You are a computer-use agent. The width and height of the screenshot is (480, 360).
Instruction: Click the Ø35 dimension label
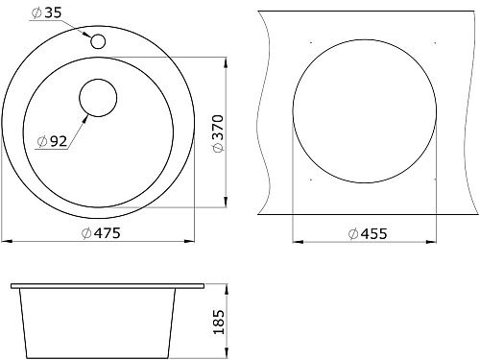[x=46, y=12]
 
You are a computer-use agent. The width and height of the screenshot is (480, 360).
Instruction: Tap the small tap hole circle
[x=98, y=41]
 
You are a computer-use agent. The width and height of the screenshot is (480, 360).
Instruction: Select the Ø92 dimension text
[x=52, y=141]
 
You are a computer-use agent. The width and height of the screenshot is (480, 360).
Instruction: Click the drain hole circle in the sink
[x=98, y=98]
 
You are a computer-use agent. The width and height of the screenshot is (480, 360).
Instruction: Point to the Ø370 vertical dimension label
[x=218, y=133]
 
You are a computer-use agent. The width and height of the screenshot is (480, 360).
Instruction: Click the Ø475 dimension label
[x=101, y=233]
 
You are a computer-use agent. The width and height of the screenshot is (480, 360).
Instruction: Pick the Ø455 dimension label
[x=368, y=234]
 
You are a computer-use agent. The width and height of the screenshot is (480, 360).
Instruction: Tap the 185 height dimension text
[x=219, y=323]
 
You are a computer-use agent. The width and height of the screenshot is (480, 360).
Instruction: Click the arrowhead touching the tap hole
[x=85, y=34]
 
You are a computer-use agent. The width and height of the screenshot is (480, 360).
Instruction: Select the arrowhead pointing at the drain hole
[x=85, y=119]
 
